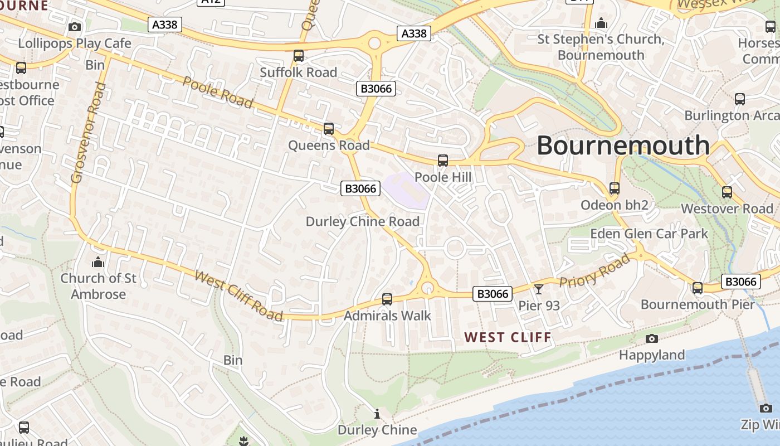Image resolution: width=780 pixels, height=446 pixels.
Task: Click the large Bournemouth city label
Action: (623, 146)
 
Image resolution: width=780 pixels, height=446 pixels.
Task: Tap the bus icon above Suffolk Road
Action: (299, 56)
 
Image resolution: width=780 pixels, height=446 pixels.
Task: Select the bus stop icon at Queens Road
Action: (329, 129)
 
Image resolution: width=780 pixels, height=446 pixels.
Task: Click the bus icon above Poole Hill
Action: (443, 161)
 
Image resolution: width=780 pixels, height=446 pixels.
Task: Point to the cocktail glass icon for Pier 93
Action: (539, 289)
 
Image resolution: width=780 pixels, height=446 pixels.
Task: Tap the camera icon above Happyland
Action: (651, 338)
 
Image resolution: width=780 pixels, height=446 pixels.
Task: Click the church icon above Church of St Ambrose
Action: (98, 261)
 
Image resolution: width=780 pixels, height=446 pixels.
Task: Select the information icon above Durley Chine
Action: (377, 414)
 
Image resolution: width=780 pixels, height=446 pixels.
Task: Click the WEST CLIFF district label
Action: (508, 337)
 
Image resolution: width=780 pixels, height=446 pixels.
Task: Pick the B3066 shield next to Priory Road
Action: (493, 294)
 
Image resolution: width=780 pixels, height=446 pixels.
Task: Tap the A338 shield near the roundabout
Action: (414, 33)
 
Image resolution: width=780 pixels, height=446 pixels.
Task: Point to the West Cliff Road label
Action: (238, 295)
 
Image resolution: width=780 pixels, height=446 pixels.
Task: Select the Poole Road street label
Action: (218, 92)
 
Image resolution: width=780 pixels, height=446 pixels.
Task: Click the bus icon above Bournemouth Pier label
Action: (698, 288)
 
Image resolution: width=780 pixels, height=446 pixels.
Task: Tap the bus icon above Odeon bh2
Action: (615, 188)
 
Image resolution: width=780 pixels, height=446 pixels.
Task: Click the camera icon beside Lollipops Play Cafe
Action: (74, 27)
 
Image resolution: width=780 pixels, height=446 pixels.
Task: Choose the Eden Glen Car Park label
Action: (649, 234)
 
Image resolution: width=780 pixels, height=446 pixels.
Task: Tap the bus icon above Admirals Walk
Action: (387, 299)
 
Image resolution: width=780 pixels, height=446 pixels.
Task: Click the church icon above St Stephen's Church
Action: (601, 23)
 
